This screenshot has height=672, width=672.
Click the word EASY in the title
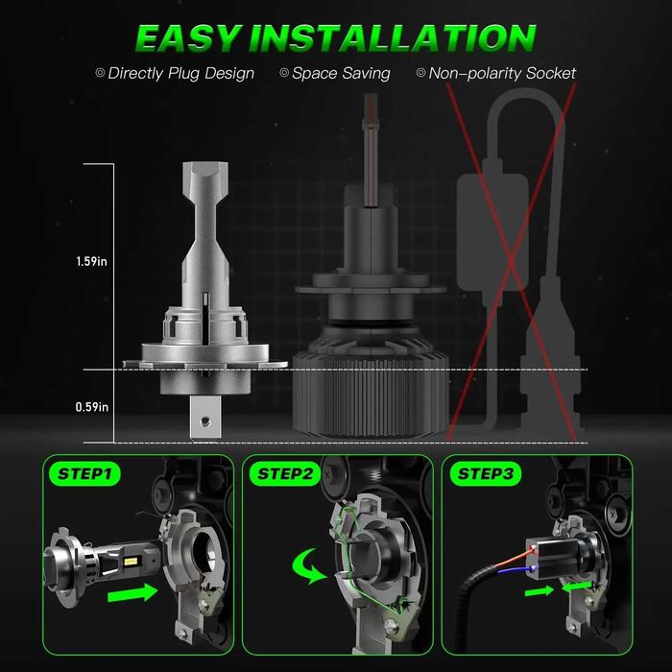[x=187, y=38]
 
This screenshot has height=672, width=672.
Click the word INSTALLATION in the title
[x=392, y=38]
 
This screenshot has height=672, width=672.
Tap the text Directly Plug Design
[x=180, y=73]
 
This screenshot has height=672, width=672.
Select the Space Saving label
[x=341, y=73]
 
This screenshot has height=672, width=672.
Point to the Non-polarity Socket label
[x=502, y=73]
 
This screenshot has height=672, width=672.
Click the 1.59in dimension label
[x=91, y=261]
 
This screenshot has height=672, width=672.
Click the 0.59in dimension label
[x=92, y=407]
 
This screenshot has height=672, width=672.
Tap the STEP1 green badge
[x=84, y=473]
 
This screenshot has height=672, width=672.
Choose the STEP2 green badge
[x=284, y=473]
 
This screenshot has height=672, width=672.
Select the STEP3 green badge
[x=485, y=473]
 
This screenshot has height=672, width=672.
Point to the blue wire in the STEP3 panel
[x=516, y=569]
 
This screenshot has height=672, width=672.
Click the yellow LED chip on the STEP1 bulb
[x=131, y=561]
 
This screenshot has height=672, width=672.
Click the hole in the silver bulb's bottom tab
[x=206, y=421]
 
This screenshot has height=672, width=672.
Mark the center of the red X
[x=512, y=260]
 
